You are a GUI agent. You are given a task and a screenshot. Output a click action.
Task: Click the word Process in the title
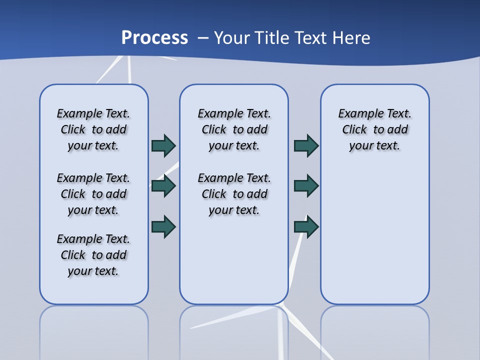(154, 38)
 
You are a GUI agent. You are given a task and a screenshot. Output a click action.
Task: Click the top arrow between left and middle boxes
(163, 145)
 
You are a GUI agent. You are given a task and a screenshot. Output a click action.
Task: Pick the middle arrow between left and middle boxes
(163, 186)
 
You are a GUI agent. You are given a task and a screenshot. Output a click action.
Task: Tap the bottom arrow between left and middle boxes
(163, 226)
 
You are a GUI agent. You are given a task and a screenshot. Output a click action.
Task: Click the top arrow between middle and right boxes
(306, 145)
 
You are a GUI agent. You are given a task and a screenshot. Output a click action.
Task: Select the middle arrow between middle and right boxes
(306, 186)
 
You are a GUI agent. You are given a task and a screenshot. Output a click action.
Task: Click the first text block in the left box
(93, 129)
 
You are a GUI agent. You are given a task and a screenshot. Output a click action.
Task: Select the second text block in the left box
(93, 194)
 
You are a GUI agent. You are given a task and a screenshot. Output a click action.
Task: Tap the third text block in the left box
(93, 255)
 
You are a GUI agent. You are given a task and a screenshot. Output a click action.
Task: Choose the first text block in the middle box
(234, 129)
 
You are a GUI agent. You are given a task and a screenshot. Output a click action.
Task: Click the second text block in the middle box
(234, 194)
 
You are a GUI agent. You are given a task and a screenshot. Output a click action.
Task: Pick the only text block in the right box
(374, 129)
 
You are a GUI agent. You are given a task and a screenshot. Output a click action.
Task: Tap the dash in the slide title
(203, 38)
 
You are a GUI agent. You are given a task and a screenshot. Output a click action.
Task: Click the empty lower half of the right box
(374, 240)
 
